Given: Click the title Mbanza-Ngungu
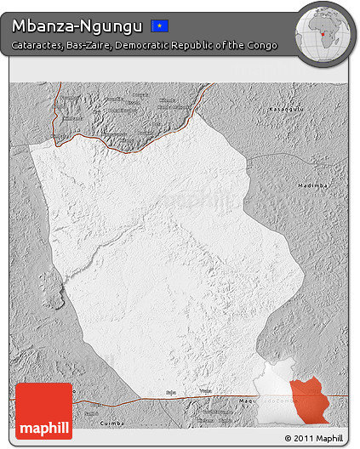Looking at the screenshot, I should pos(77,25).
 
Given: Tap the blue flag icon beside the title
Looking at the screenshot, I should pos(159,26).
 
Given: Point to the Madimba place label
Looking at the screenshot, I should pos(312,185).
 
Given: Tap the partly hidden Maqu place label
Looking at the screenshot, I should pos(247,401).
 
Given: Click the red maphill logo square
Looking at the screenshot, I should pos(43,411).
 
